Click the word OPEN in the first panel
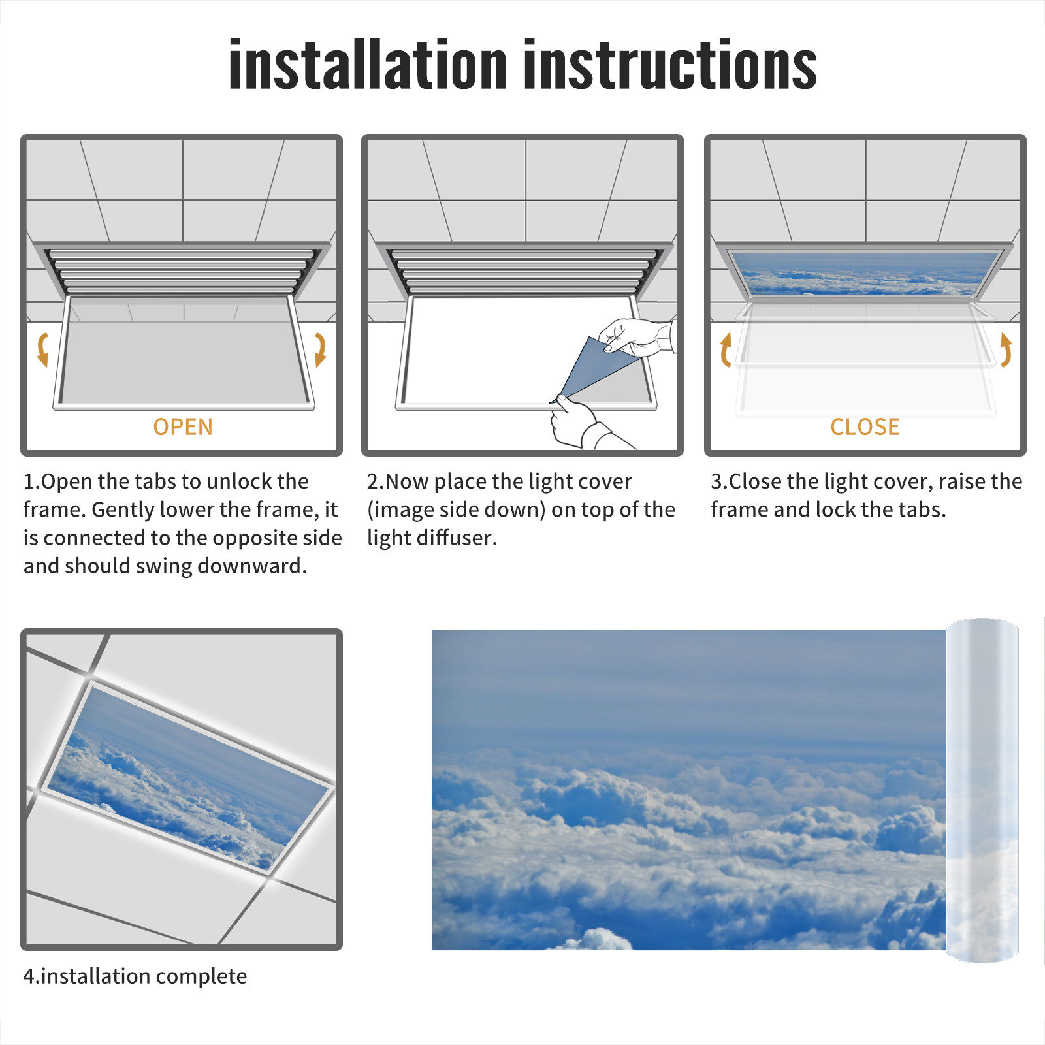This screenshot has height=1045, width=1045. coord(183,427)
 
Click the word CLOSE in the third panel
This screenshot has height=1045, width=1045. coord(865,427)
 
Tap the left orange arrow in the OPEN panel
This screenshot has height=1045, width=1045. coord(43,349)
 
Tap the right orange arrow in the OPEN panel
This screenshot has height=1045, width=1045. coord(320,349)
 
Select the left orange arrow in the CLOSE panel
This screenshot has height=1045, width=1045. coord(725,349)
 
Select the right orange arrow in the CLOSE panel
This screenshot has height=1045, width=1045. coord(1006,349)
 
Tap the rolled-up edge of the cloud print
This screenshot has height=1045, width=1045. coord(982,790)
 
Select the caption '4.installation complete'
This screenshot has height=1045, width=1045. coord(135,976)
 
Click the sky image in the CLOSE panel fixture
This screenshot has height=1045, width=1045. coord(865,273)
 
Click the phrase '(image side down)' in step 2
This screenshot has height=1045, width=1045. coord(456,509)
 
